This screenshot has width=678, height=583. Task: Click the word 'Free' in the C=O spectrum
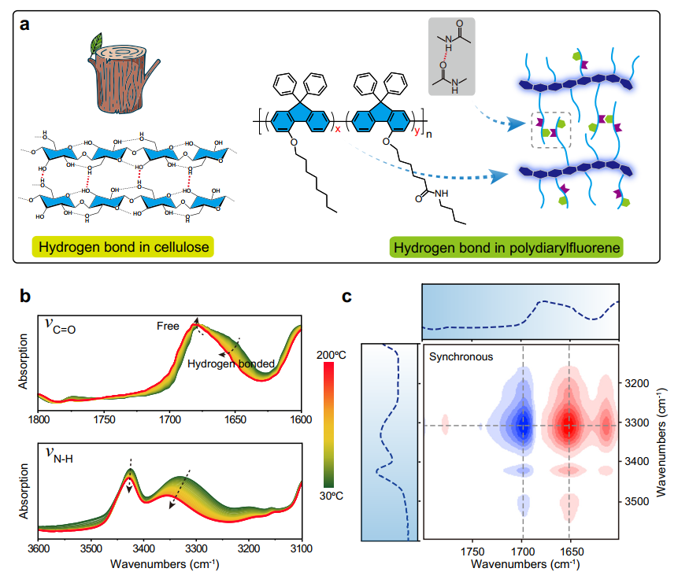click(x=168, y=326)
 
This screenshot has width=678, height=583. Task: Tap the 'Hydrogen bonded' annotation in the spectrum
click(x=230, y=363)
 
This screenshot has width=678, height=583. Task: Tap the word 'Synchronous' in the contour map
click(x=460, y=356)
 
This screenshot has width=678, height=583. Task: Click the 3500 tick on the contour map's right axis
click(x=646, y=500)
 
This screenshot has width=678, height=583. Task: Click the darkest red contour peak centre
click(x=569, y=425)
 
